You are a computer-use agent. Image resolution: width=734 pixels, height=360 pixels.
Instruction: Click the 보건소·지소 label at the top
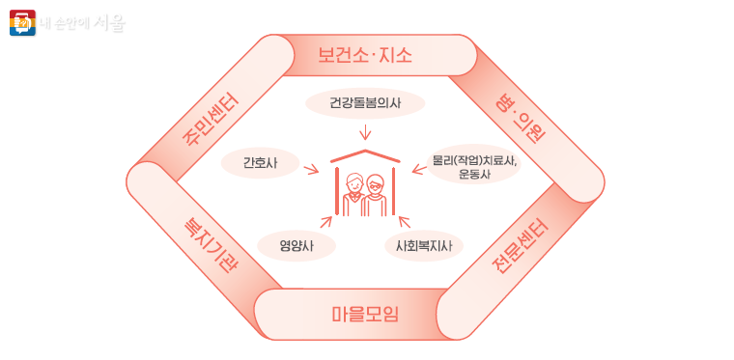365,55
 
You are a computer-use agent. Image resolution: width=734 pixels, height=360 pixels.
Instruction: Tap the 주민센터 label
212,124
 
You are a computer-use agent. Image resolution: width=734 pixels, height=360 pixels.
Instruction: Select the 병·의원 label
522,117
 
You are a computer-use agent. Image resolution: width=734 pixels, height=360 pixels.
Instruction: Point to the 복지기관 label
211,243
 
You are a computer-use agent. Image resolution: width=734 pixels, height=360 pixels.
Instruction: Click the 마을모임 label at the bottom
364,315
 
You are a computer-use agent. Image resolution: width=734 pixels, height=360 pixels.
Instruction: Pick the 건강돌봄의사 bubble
364,101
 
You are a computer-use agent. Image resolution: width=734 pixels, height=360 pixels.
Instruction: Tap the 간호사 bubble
259,163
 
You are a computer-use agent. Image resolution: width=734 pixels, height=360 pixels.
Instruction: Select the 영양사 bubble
296,246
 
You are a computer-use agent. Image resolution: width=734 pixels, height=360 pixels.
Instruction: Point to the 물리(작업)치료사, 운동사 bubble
474,167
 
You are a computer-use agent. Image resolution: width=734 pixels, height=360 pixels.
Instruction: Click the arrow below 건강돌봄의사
365,131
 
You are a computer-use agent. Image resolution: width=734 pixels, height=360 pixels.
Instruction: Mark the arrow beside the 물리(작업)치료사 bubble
419,171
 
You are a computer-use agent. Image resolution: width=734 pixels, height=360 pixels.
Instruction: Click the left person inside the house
353,193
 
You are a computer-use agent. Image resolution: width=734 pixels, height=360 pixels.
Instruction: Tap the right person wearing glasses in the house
377,193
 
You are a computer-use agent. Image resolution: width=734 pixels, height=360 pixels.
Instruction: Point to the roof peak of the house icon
364,152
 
